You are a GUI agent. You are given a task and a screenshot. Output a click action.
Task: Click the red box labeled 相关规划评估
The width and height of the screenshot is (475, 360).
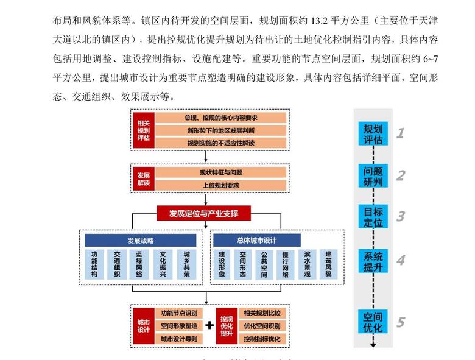pyautogui.click(x=144, y=130)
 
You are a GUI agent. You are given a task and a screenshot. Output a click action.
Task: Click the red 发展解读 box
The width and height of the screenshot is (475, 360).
pyautogui.click(x=144, y=178)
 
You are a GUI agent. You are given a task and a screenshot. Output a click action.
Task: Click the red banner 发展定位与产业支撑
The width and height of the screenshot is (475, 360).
pyautogui.click(x=203, y=213)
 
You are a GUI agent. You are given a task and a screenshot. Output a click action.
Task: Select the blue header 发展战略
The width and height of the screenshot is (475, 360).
pyautogui.click(x=141, y=241)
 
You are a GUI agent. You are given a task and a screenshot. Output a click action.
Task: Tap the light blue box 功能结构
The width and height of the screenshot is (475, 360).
pyautogui.click(x=94, y=264)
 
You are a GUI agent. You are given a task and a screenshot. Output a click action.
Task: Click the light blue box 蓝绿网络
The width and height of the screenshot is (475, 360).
pyautogui.click(x=139, y=264)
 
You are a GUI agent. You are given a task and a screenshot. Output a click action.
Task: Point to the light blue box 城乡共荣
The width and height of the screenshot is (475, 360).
pyautogui.click(x=186, y=264)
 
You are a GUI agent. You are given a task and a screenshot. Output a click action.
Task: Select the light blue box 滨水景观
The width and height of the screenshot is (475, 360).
pyautogui.click(x=307, y=264)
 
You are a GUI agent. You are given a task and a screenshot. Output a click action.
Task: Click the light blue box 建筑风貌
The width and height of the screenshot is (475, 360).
pyautogui.click(x=329, y=264)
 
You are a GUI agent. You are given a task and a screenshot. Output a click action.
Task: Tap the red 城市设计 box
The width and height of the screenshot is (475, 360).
pyautogui.click(x=144, y=325)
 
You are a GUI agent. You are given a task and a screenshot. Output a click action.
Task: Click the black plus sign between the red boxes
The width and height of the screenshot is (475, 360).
pyautogui.click(x=209, y=325)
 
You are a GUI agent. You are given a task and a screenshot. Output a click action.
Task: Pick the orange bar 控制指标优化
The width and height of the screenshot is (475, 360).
pyautogui.click(x=261, y=338)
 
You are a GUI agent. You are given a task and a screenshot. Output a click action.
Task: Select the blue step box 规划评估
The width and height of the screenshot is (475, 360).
pyautogui.click(x=373, y=134)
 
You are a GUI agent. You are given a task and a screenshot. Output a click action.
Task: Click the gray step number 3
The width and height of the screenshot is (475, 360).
pyautogui.click(x=400, y=216)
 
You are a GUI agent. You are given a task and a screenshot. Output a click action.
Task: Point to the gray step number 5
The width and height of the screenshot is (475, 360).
pyautogui.click(x=400, y=322)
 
